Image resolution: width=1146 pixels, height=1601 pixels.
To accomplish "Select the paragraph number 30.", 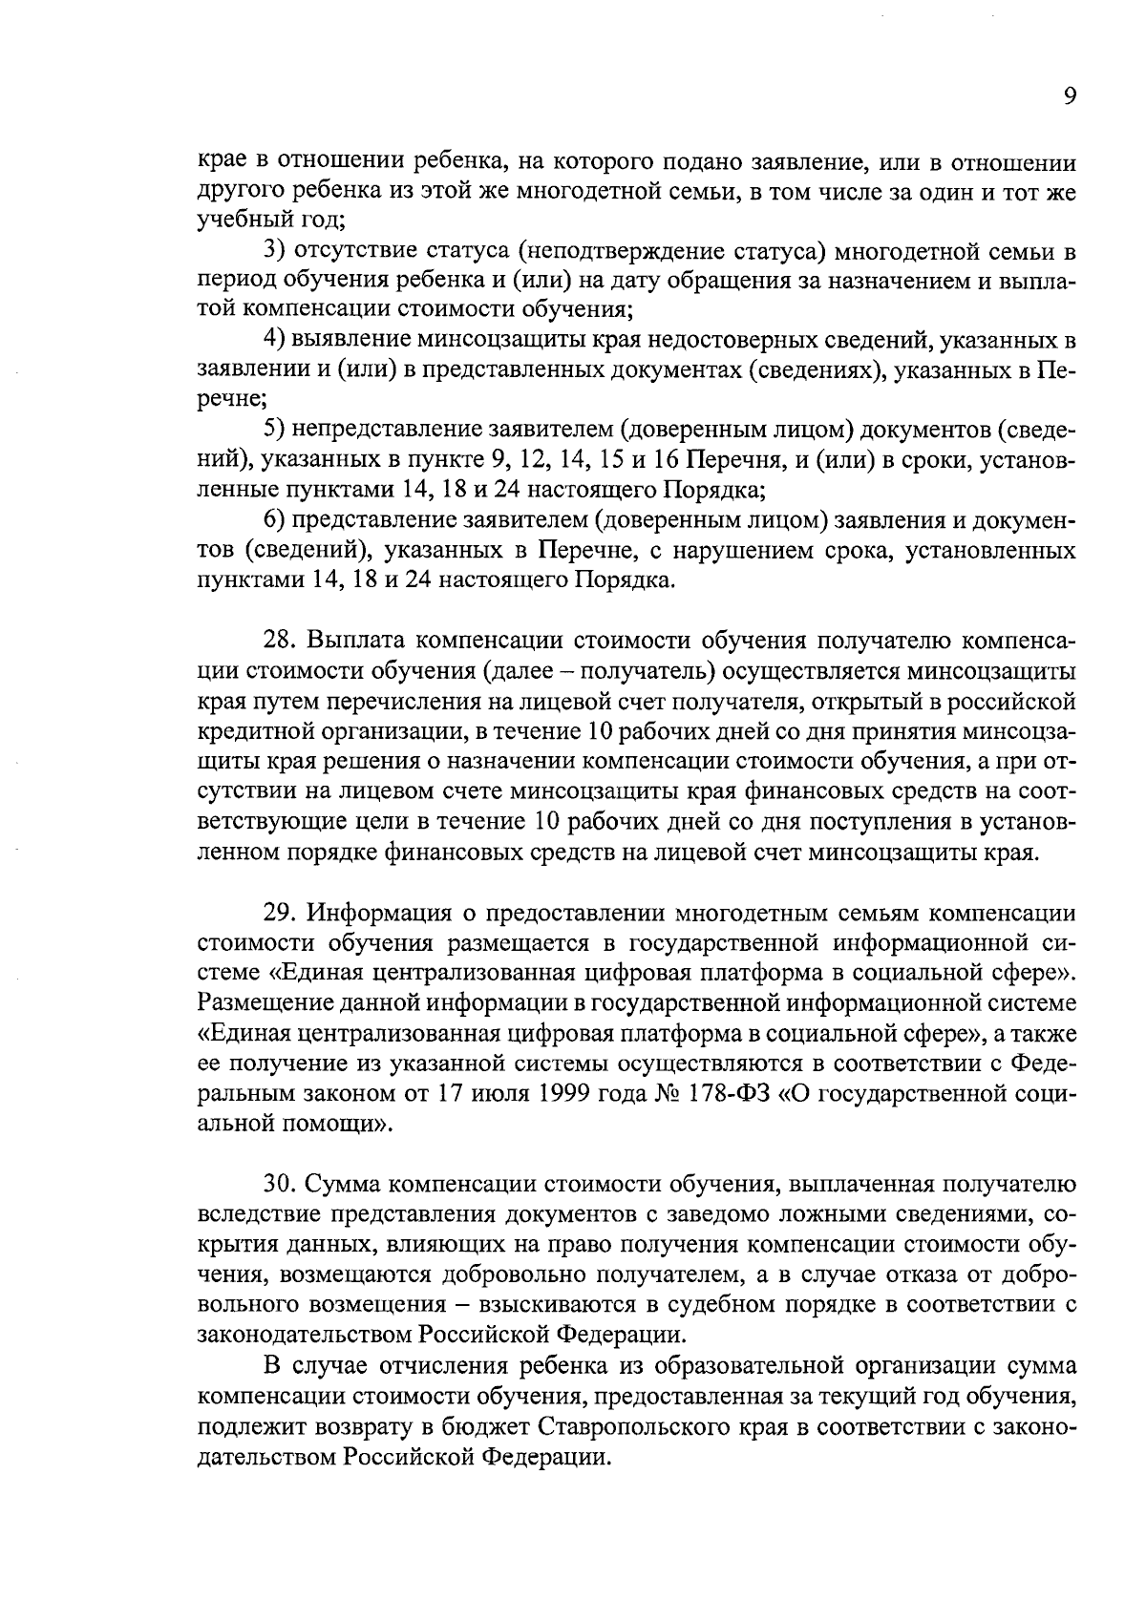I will [x=279, y=1185].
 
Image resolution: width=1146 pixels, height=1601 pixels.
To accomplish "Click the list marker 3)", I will [x=275, y=252].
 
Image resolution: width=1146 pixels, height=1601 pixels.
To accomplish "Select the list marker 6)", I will [x=275, y=520].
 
